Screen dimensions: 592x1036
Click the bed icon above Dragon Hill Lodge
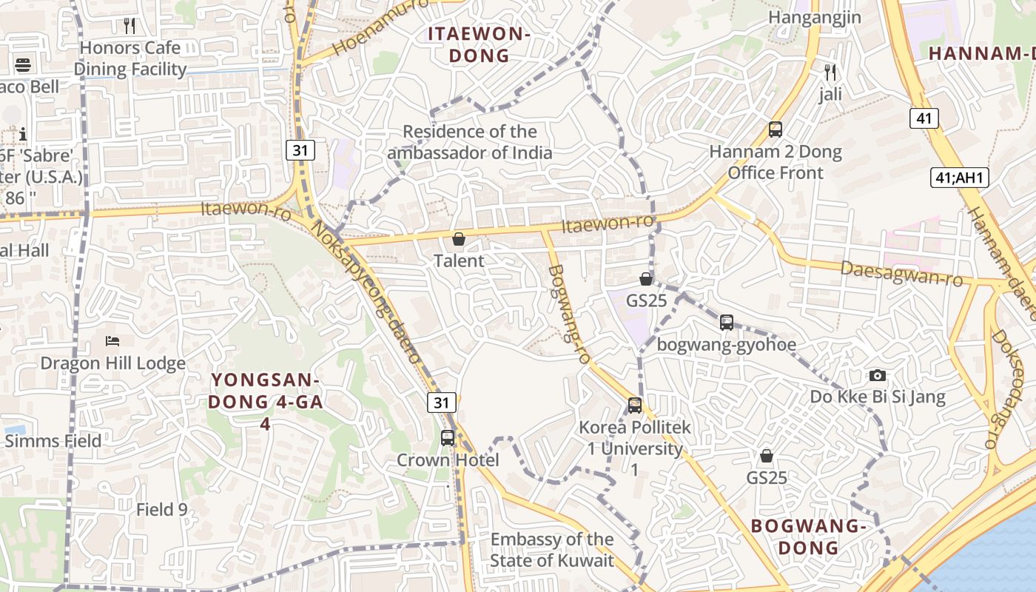pyautogui.click(x=112, y=340)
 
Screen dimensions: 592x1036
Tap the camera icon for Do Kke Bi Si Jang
pyautogui.click(x=878, y=375)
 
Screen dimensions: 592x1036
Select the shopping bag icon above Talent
pyautogui.click(x=459, y=239)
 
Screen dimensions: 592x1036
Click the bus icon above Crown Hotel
pyautogui.click(x=448, y=437)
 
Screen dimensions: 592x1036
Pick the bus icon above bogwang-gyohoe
pyautogui.click(x=727, y=323)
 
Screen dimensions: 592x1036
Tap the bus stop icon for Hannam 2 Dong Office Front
pyautogui.click(x=776, y=129)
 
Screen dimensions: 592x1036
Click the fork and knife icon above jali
pyautogui.click(x=830, y=73)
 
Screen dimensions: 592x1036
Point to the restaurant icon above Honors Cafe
pyautogui.click(x=130, y=26)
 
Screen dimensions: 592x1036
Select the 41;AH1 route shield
pyautogui.click(x=960, y=178)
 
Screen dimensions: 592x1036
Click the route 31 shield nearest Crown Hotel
pyautogui.click(x=442, y=403)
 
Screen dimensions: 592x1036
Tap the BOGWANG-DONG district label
pyautogui.click(x=808, y=536)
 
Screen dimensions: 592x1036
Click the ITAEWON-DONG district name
pyautogui.click(x=480, y=44)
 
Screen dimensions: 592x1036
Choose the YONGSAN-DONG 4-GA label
pyautogui.click(x=265, y=401)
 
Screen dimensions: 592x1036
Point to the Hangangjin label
pyautogui.click(x=815, y=17)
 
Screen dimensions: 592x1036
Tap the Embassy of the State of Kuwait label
pyautogui.click(x=552, y=550)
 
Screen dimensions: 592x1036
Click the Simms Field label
pyautogui.click(x=53, y=441)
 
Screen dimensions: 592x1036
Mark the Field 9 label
pyautogui.click(x=162, y=509)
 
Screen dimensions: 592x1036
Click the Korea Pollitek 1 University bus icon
pyautogui.click(x=635, y=405)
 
